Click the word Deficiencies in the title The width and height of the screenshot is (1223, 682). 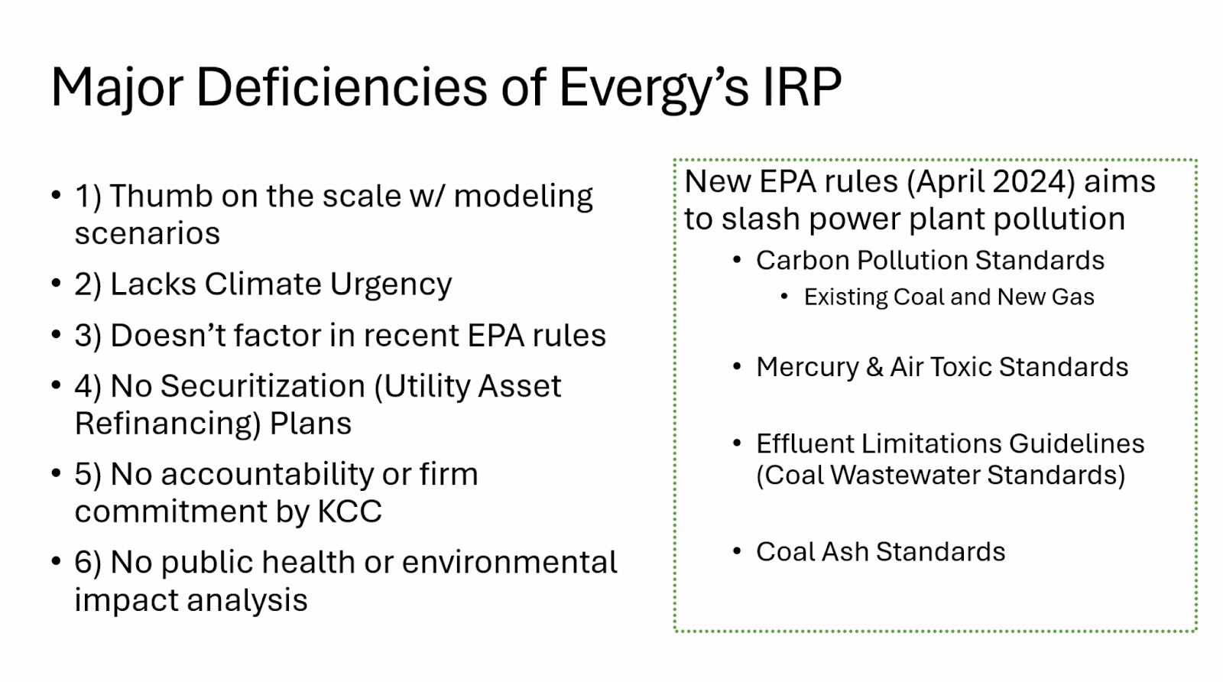pyautogui.click(x=341, y=86)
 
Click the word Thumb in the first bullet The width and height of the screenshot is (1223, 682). pyautogui.click(x=161, y=196)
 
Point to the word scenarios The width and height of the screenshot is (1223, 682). pyautogui.click(x=148, y=234)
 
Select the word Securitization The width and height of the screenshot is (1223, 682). pyautogui.click(x=263, y=386)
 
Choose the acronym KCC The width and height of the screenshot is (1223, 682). pyautogui.click(x=349, y=511)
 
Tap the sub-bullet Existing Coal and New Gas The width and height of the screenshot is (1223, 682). pyautogui.click(x=949, y=297)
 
